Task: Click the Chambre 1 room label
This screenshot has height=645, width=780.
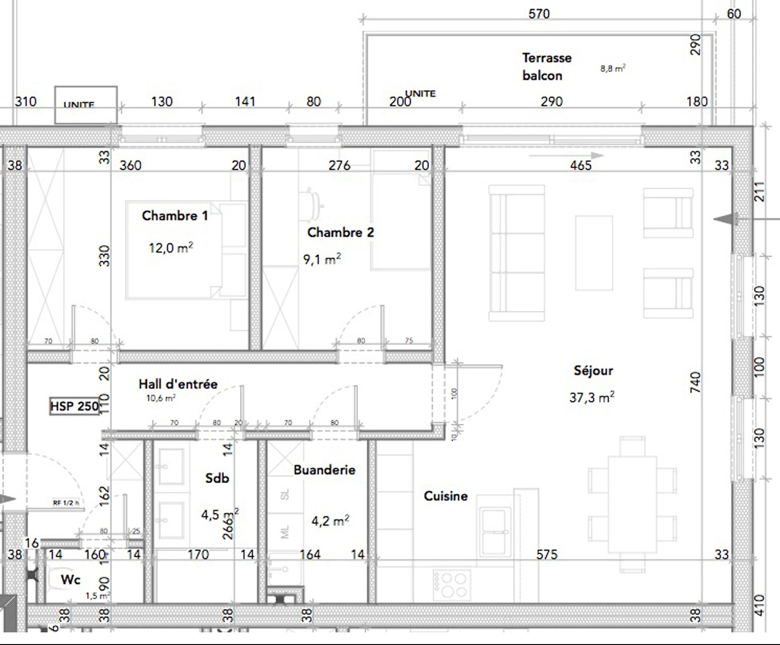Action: pyautogui.click(x=175, y=216)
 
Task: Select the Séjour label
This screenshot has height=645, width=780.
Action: pyautogui.click(x=593, y=370)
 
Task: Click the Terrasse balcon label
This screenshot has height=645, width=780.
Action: pyautogui.click(x=545, y=66)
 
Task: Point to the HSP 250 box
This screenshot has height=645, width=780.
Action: pyautogui.click(x=75, y=406)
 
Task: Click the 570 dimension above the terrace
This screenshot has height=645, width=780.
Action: pyautogui.click(x=539, y=14)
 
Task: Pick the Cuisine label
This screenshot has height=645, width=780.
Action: pyautogui.click(x=445, y=496)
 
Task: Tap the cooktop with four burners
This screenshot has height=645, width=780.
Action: pyautogui.click(x=452, y=585)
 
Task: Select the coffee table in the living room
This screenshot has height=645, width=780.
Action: pyautogui.click(x=594, y=253)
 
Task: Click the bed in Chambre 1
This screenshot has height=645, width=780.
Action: pyautogui.click(x=173, y=250)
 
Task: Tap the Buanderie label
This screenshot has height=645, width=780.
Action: pyautogui.click(x=324, y=470)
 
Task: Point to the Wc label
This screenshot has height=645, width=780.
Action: pyautogui.click(x=70, y=580)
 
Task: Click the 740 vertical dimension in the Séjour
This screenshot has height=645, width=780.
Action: pyautogui.click(x=696, y=382)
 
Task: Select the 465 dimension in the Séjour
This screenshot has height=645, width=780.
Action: pyautogui.click(x=580, y=165)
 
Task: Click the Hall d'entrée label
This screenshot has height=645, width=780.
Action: pyautogui.click(x=178, y=384)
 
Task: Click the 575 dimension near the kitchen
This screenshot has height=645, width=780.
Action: pyautogui.click(x=547, y=554)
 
